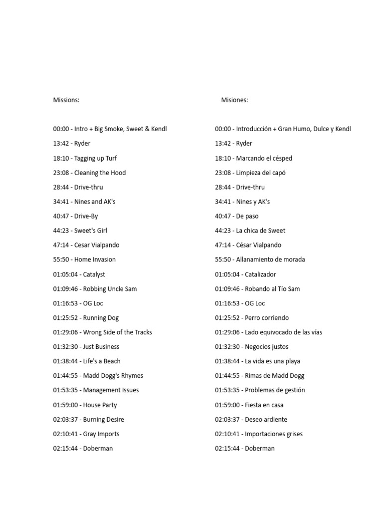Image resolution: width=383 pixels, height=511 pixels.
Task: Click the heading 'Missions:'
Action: pyautogui.click(x=66, y=100)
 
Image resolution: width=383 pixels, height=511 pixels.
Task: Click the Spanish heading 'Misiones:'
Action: pyautogui.click(x=234, y=100)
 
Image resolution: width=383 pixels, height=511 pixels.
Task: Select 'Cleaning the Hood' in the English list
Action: pyautogui.click(x=100, y=173)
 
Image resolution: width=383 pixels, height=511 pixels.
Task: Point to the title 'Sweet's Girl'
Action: pyautogui.click(x=90, y=231)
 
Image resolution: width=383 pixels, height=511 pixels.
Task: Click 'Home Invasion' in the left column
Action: pyautogui.click(x=95, y=259)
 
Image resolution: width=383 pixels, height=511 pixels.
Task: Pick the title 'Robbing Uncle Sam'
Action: pyautogui.click(x=110, y=289)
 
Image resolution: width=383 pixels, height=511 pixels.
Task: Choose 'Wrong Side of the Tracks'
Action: pyautogui.click(x=117, y=332)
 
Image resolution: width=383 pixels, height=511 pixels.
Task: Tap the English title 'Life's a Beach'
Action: pyautogui.click(x=102, y=361)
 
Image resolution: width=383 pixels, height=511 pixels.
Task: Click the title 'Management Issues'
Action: pyautogui.click(x=111, y=390)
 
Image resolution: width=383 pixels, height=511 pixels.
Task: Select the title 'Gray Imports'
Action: pyautogui.click(x=101, y=434)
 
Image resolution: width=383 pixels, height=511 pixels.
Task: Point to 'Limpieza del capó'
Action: pyautogui.click(x=261, y=173)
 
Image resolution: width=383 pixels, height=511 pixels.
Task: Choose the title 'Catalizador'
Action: pyautogui.click(x=260, y=274)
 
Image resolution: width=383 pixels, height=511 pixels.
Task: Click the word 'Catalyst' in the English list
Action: pyautogui.click(x=94, y=274)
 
